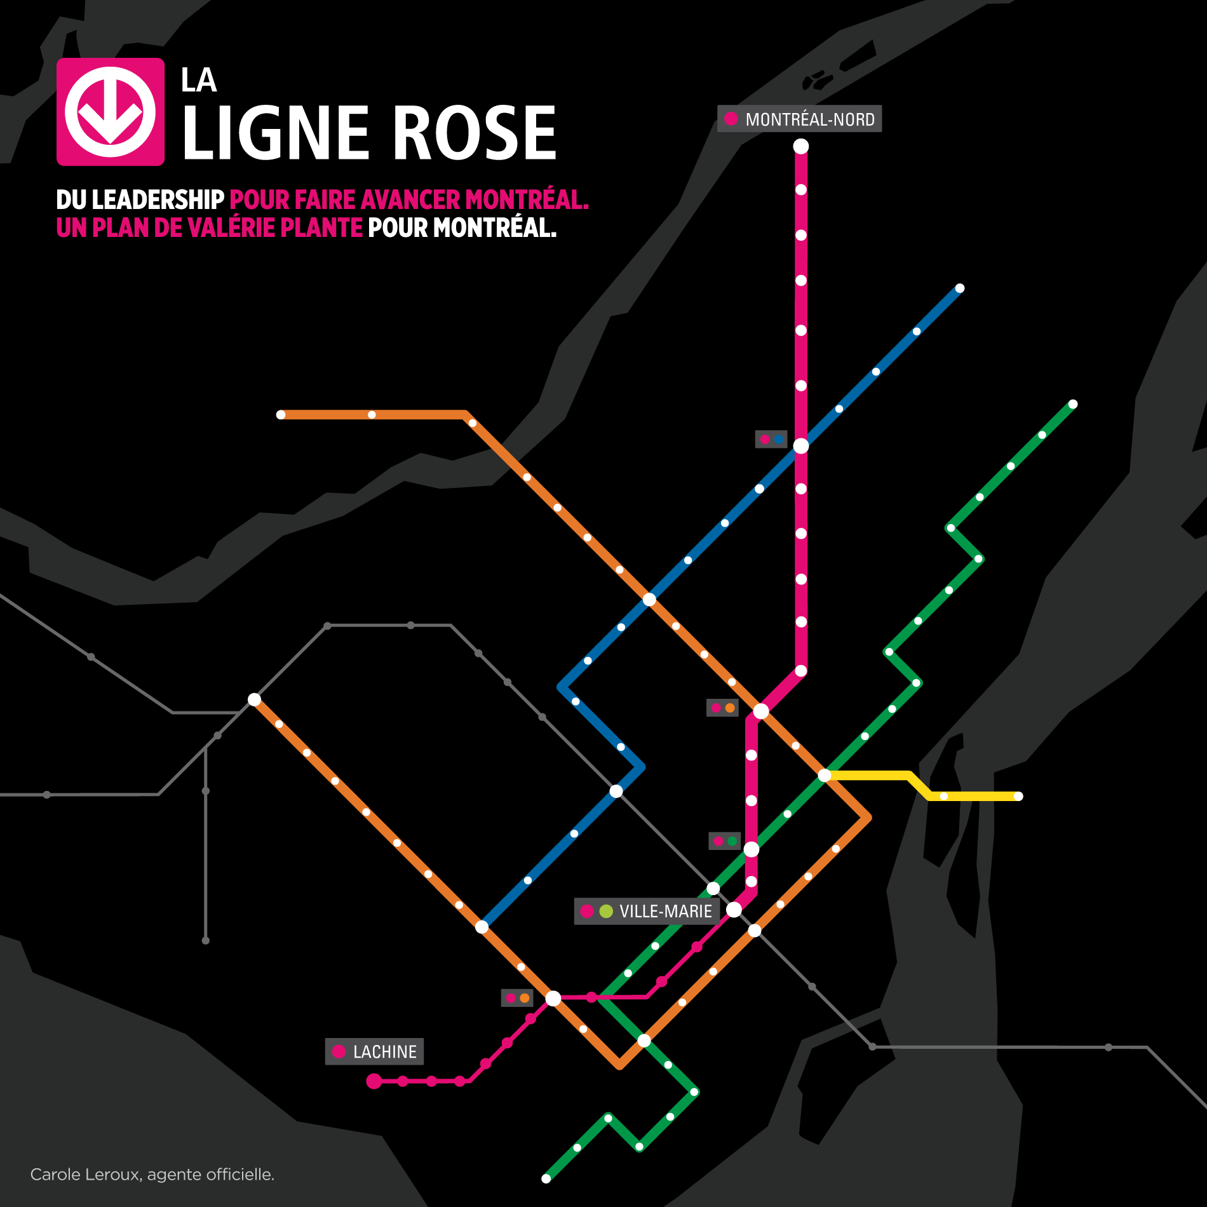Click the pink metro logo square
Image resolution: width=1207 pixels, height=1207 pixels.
click(111, 112)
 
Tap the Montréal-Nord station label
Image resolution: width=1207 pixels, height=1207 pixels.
click(799, 119)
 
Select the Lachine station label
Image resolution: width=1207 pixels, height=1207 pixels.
click(374, 1051)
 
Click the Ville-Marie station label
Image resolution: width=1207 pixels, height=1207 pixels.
click(647, 911)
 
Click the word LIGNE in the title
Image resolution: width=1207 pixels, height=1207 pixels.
click(276, 133)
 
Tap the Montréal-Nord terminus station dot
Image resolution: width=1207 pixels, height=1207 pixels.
click(801, 146)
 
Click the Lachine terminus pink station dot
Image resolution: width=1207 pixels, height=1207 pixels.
click(374, 1081)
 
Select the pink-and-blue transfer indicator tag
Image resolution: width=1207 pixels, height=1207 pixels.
click(771, 439)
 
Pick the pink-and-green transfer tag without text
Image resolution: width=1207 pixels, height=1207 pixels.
click(725, 841)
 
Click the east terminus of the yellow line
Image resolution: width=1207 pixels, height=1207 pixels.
click(1018, 796)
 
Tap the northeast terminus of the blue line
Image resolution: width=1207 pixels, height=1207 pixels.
click(960, 288)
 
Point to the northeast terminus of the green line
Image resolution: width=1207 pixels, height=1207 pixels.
click(1073, 404)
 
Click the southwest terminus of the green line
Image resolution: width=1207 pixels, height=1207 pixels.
click(546, 1178)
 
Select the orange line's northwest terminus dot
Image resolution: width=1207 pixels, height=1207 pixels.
click(281, 415)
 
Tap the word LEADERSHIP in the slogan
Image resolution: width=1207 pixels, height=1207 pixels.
click(158, 200)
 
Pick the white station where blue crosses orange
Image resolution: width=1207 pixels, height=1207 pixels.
click(649, 599)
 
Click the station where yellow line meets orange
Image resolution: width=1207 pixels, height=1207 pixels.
click(825, 775)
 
